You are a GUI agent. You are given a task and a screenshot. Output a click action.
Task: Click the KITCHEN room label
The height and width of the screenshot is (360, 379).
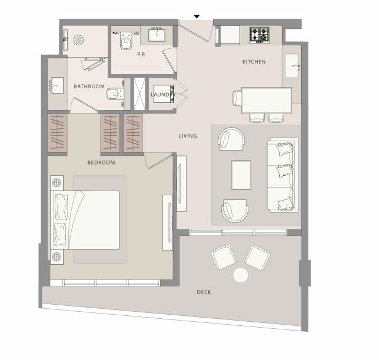click(x=254, y=62)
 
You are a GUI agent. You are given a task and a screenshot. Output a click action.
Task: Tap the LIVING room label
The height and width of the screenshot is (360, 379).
click(x=188, y=136)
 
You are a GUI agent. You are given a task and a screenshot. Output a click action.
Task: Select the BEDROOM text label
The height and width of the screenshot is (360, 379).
click(x=101, y=162)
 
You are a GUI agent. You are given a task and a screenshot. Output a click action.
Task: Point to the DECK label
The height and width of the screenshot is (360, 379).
click(x=204, y=292)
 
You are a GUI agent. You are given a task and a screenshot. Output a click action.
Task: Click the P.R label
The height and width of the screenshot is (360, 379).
click(x=141, y=55)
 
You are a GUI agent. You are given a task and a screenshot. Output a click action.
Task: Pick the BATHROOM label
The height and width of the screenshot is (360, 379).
click(x=89, y=86)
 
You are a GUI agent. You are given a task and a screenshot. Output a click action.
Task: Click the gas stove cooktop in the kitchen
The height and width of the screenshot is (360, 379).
click(x=260, y=35)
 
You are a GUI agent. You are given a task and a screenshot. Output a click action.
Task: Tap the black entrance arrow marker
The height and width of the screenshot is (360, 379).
click(x=197, y=16)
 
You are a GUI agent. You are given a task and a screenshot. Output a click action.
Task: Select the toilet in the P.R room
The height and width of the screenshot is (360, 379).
click(x=126, y=41)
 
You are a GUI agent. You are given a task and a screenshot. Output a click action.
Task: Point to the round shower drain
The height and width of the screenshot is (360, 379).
click(x=78, y=40)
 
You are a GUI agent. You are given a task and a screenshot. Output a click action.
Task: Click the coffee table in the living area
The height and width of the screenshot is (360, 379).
click(x=241, y=175)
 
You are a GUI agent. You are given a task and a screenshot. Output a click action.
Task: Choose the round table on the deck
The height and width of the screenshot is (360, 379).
click(x=241, y=275)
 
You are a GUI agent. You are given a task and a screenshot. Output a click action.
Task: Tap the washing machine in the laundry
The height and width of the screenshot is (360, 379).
click(x=164, y=94)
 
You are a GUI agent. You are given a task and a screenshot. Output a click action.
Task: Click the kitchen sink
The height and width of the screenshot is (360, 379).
click(x=292, y=66)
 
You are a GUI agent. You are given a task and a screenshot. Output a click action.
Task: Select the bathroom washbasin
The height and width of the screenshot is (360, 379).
click(x=57, y=85)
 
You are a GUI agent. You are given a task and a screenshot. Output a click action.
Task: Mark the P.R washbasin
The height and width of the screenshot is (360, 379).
click(x=157, y=35)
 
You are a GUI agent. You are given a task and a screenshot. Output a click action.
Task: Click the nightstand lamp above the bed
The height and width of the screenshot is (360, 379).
click(x=57, y=182)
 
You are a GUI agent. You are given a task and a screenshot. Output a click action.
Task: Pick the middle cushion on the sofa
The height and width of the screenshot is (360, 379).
click(x=285, y=171)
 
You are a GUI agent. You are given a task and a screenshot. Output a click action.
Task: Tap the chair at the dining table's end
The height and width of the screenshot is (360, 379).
click(x=237, y=98)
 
